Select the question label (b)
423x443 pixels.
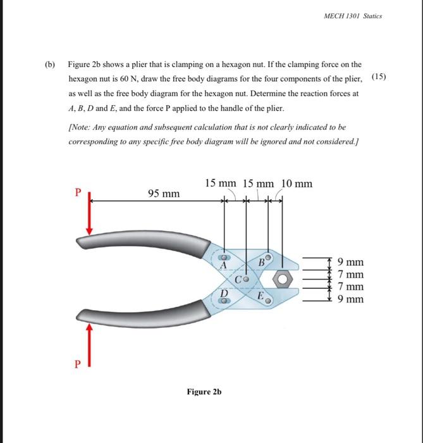(50, 65)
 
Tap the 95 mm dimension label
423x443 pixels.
(163, 192)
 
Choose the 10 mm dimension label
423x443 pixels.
(297, 184)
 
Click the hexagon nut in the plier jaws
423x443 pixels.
(283, 278)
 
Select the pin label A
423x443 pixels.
(223, 266)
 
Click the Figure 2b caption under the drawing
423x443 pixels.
(204, 392)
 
